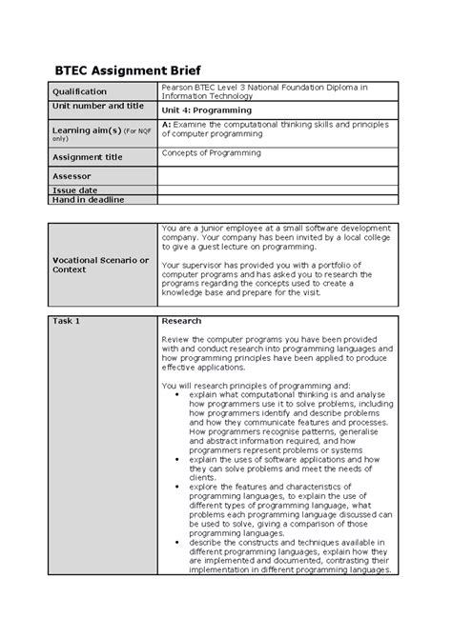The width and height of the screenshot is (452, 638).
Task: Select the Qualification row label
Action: [81, 91]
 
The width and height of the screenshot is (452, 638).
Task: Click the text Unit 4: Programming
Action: [207, 110]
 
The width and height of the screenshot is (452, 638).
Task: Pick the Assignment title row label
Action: [88, 157]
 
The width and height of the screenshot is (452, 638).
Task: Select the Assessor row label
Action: [72, 176]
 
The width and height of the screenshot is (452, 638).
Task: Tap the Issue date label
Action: [73, 190]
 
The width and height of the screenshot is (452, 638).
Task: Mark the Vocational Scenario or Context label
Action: [101, 264]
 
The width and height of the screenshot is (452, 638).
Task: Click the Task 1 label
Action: [67, 321]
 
